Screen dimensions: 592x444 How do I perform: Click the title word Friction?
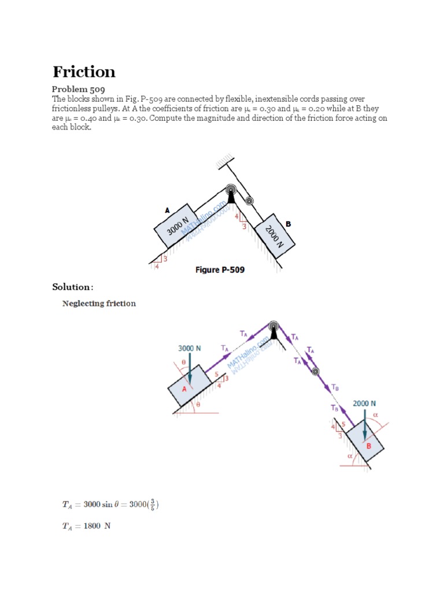coord(84,72)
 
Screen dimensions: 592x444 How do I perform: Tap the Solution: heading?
coord(72,287)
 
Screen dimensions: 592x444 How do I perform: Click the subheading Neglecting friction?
coord(99,304)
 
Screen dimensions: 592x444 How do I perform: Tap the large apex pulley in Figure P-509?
coord(231,191)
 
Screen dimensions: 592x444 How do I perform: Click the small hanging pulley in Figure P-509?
coord(249,201)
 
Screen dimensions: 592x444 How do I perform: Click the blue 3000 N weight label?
coord(189,349)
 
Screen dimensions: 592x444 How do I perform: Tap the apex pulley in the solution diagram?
coord(273,327)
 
